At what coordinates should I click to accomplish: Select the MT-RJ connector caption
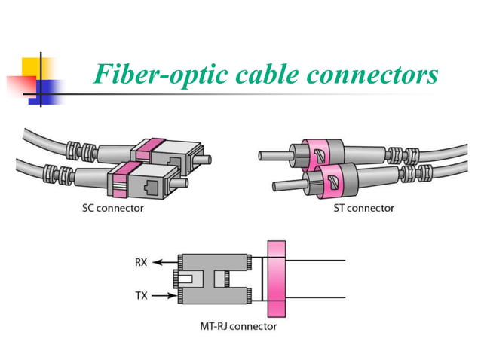pyautogui.click(x=231, y=326)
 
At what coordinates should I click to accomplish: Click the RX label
pyautogui.click(x=142, y=264)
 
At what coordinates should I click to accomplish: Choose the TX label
pyautogui.click(x=142, y=296)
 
